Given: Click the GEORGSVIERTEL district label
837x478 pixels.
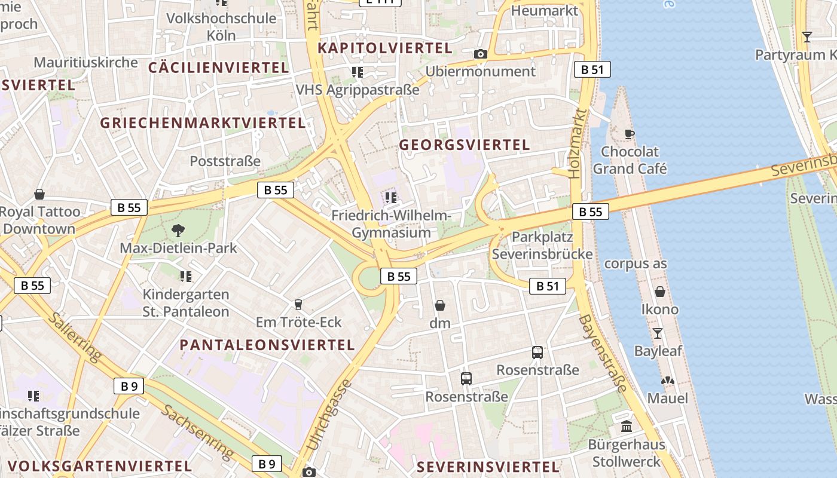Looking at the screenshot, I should [x=464, y=145].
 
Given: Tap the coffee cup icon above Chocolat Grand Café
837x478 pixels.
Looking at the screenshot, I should [x=629, y=134].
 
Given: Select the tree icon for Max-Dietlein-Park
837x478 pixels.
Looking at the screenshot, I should [x=178, y=230].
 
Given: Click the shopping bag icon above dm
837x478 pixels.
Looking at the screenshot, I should [x=440, y=305].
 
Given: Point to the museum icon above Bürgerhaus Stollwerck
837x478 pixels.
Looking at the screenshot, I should [x=627, y=427].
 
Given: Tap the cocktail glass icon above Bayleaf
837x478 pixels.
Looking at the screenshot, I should [x=658, y=333].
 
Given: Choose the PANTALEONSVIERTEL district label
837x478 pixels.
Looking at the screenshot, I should [x=267, y=345].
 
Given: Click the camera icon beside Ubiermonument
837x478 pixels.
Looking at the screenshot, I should [x=480, y=54].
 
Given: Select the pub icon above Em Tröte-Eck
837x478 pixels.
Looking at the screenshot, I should [x=298, y=305].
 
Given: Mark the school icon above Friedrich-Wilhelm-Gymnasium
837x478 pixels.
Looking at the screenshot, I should [x=391, y=197].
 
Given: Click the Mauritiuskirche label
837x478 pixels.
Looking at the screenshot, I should [x=85, y=62].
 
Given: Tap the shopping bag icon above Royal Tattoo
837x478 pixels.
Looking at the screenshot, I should [x=39, y=194].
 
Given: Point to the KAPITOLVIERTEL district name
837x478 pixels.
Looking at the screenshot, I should [x=384, y=48].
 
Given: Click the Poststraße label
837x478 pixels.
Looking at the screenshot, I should [x=225, y=161].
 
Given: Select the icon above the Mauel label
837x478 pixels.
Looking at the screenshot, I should [x=667, y=381].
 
